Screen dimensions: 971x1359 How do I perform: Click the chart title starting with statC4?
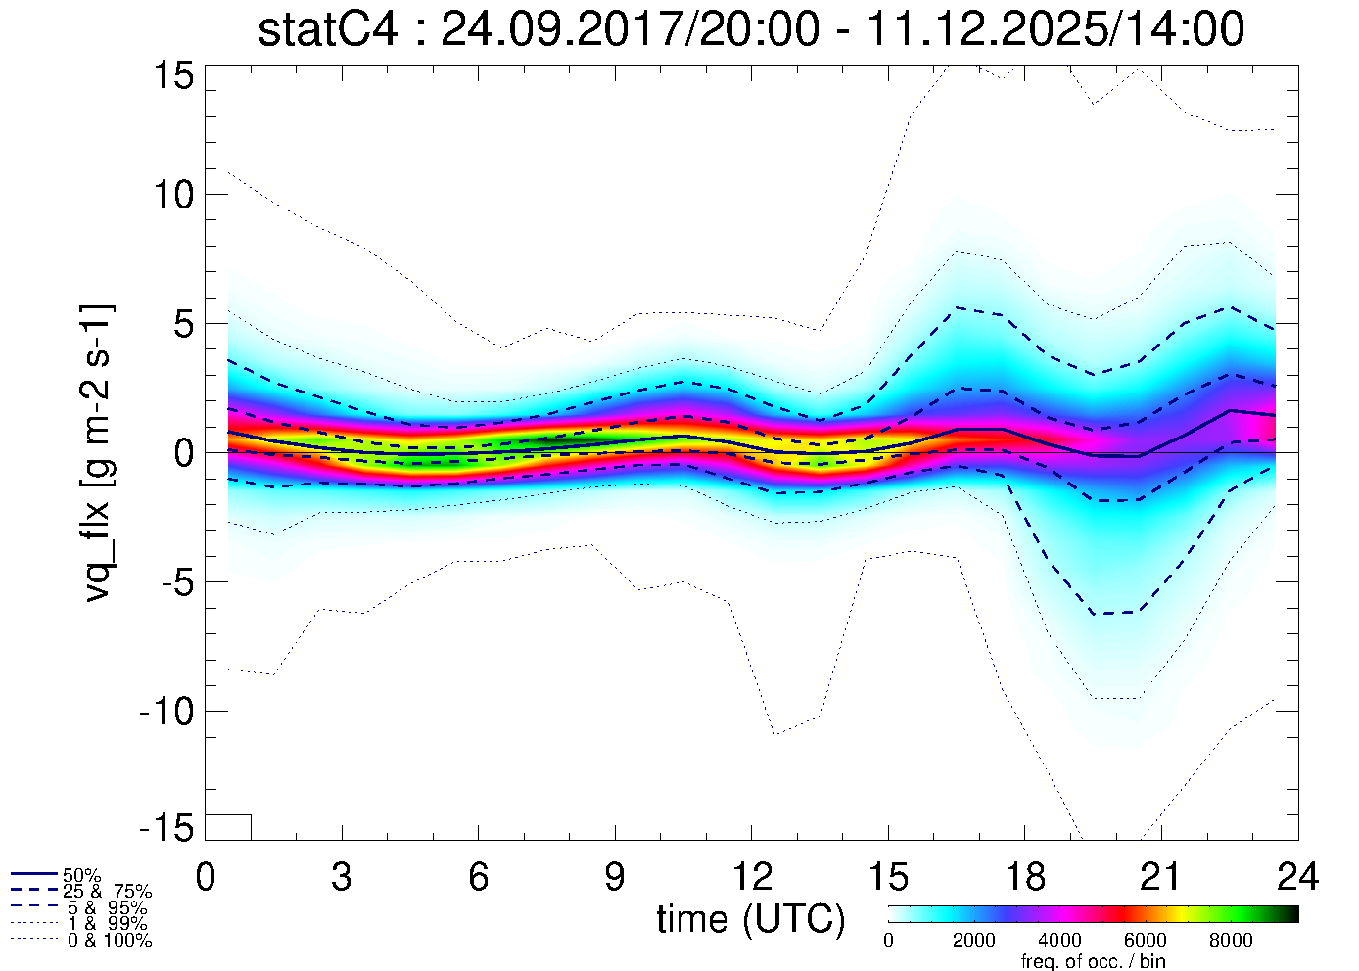click(751, 29)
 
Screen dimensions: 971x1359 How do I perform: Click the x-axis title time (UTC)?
click(750, 919)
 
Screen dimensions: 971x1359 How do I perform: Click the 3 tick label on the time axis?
click(342, 877)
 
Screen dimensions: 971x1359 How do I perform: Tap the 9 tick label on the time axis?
click(615, 877)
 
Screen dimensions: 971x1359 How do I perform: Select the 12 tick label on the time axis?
click(751, 877)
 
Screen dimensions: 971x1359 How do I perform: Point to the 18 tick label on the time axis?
click(1025, 877)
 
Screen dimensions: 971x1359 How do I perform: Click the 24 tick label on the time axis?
click(1297, 877)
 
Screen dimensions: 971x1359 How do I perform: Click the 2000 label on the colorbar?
click(973, 941)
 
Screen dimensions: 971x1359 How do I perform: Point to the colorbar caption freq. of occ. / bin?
click(1093, 961)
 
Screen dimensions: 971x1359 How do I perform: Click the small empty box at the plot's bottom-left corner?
click(228, 827)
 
